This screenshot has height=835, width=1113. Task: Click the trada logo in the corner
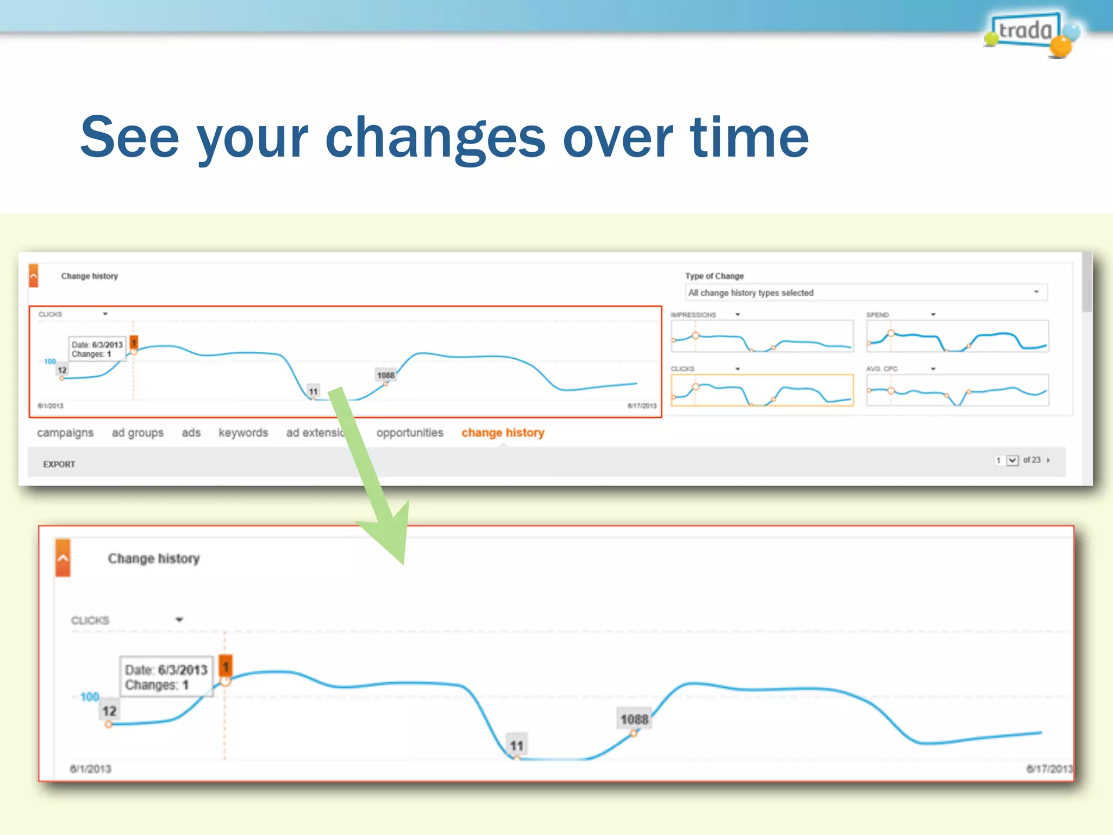pos(1027,32)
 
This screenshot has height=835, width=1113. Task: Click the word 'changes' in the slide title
pos(435,139)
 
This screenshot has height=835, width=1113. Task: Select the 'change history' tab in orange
pos(503,433)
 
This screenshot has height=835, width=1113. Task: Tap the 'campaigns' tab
pos(65,433)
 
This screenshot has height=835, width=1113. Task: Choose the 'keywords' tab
pos(243,433)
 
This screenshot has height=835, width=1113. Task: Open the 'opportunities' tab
pos(410,433)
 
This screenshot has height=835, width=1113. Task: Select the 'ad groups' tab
pos(137,433)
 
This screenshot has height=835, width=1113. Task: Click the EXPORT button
pos(59,464)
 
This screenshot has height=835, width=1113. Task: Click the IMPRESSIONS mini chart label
pos(693,315)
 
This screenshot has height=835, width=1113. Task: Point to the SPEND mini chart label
pos(877,315)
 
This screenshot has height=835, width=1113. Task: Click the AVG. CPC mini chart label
pos(881,369)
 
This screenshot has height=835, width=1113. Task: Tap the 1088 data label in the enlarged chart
pos(634,719)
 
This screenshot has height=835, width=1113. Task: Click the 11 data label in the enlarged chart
pos(516,745)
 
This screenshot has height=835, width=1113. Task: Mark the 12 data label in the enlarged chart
pos(109,711)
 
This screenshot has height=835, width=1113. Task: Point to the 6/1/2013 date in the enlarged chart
pos(90,769)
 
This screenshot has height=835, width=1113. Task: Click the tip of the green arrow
pos(403,563)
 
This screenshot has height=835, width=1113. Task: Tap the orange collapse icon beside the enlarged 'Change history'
pos(63,558)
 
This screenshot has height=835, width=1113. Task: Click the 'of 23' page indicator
pos(1031,460)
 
